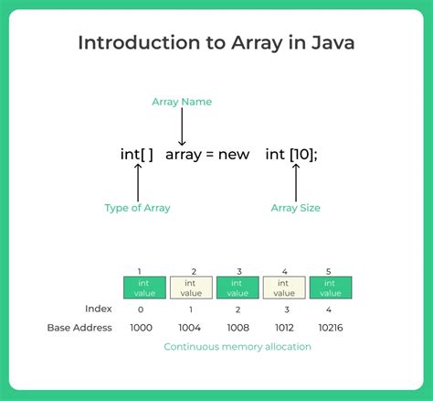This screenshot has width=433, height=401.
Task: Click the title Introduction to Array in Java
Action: point(216,43)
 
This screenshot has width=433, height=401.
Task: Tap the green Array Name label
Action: point(183,102)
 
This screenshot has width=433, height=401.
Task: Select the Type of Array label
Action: point(137,208)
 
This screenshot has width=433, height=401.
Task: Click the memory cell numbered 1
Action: point(144,288)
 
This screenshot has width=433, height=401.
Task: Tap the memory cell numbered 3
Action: point(238,288)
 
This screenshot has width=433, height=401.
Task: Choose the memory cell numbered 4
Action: point(285,288)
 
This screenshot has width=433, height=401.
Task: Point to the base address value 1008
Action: point(238,328)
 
